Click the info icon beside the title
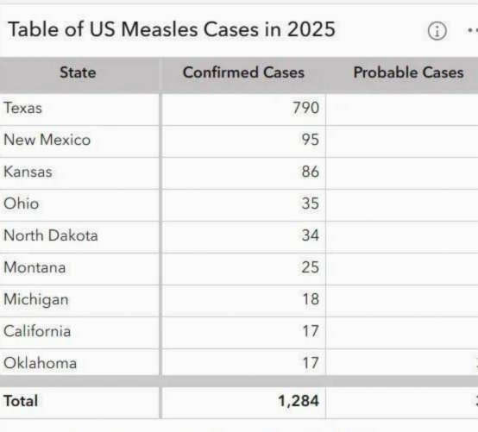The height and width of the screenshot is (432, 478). click(437, 31)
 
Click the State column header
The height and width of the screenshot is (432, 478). click(78, 72)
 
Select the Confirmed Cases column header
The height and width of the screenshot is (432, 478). click(243, 72)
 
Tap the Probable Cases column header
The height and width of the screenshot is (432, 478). click(408, 72)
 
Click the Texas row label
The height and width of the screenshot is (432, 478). click(22, 108)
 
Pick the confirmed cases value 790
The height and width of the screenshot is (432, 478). click(305, 108)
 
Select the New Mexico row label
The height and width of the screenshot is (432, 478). click(47, 140)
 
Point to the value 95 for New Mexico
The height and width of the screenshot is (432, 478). click(311, 140)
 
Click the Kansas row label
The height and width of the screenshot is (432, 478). click(28, 172)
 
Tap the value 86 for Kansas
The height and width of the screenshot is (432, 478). click(311, 172)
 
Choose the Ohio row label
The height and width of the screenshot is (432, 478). click(22, 203)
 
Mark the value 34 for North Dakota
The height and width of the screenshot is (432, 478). click(311, 235)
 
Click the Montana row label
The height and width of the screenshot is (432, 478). click(35, 267)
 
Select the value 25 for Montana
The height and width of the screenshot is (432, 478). click(311, 267)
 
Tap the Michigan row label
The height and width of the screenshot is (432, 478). click(36, 300)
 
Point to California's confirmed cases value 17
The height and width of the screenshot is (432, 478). click(311, 331)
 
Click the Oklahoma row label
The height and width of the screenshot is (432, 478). click(41, 363)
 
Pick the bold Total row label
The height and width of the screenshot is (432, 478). click(21, 401)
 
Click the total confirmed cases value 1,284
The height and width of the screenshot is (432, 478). click(299, 401)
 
